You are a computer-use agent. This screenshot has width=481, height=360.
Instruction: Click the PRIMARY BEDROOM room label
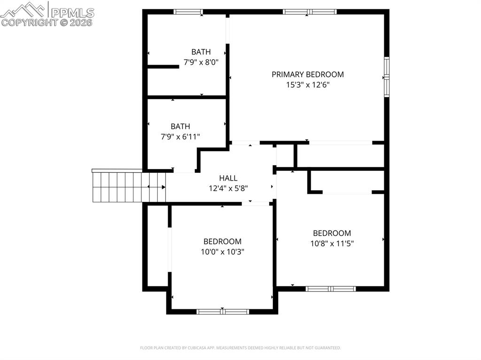pyautogui.click(x=308, y=74)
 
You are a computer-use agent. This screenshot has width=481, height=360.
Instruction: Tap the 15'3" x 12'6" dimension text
pyautogui.click(x=308, y=85)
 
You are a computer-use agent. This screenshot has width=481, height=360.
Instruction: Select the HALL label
pyautogui.click(x=228, y=178)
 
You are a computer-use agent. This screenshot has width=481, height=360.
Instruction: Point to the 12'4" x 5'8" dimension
pyautogui.click(x=228, y=188)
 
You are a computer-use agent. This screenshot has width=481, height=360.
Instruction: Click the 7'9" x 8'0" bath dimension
pyautogui.click(x=201, y=61)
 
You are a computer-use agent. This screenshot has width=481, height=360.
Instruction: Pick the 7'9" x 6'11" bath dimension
pyautogui.click(x=180, y=137)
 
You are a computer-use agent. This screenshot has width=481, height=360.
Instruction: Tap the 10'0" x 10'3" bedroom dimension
pyautogui.click(x=222, y=252)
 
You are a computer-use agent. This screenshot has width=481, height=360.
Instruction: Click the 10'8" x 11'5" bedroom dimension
pyautogui.click(x=332, y=244)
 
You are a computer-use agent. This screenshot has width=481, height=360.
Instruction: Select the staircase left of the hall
pyautogui.click(x=117, y=186)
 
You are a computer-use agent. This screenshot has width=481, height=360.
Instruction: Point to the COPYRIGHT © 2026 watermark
pyautogui.click(x=47, y=22)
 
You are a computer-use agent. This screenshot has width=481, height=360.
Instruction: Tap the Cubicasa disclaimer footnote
pyautogui.click(x=240, y=348)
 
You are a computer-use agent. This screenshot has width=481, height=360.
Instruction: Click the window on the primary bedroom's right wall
pyautogui.click(x=387, y=77)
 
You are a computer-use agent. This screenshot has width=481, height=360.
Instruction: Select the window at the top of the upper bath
pyautogui.click(x=188, y=12)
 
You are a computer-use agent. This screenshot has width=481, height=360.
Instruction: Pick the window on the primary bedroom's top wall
pyautogui.click(x=310, y=12)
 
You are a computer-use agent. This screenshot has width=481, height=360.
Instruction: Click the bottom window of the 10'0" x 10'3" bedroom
pyautogui.click(x=223, y=311)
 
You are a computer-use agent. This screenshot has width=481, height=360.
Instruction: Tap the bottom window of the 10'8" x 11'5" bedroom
pyautogui.click(x=331, y=289)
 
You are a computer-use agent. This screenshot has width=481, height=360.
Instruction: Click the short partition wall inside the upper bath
pyautogui.click(x=163, y=67)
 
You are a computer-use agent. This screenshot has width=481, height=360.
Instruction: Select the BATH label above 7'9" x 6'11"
pyautogui.click(x=180, y=126)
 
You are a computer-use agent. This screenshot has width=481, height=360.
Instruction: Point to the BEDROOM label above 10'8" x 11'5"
pyautogui.click(x=332, y=233)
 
